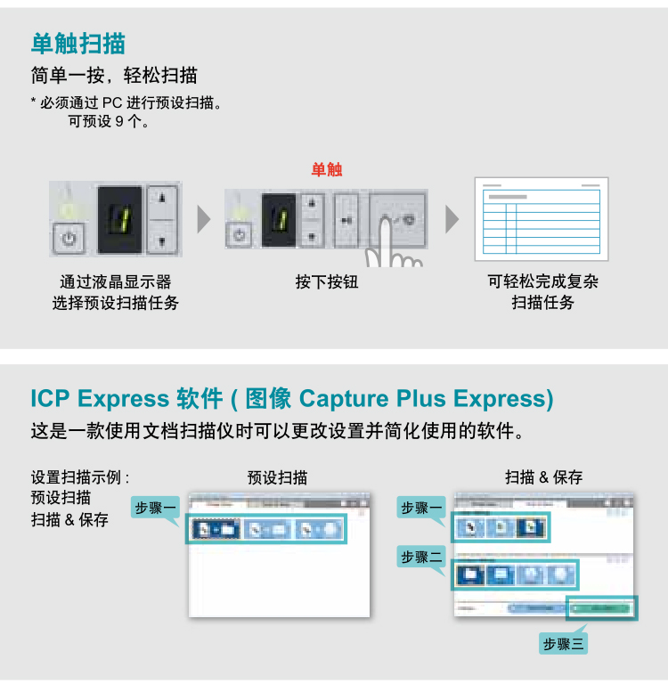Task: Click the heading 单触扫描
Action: (x=78, y=43)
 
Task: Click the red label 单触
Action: (x=327, y=169)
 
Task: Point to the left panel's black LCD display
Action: (x=119, y=219)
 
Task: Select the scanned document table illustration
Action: (x=542, y=219)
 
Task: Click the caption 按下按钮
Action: (x=327, y=282)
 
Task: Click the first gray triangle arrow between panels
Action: (x=204, y=219)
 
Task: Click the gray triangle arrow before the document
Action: (x=452, y=219)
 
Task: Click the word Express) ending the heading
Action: (x=503, y=398)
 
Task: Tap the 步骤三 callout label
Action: (x=565, y=643)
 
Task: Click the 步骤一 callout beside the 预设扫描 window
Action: (x=156, y=508)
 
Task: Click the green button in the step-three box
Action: (x=602, y=608)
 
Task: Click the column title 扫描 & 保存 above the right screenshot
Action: (x=544, y=477)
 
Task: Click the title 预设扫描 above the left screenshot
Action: (x=278, y=477)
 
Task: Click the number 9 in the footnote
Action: (x=119, y=121)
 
